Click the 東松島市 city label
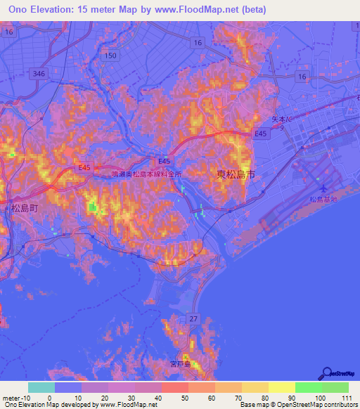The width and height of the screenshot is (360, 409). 232,174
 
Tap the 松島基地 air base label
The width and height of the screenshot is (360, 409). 323,200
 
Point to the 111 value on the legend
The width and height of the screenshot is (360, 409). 347,398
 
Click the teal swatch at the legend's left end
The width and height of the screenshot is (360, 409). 41,387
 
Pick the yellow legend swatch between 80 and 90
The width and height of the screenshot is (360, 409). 255,387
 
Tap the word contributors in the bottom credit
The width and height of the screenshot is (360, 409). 339,405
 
